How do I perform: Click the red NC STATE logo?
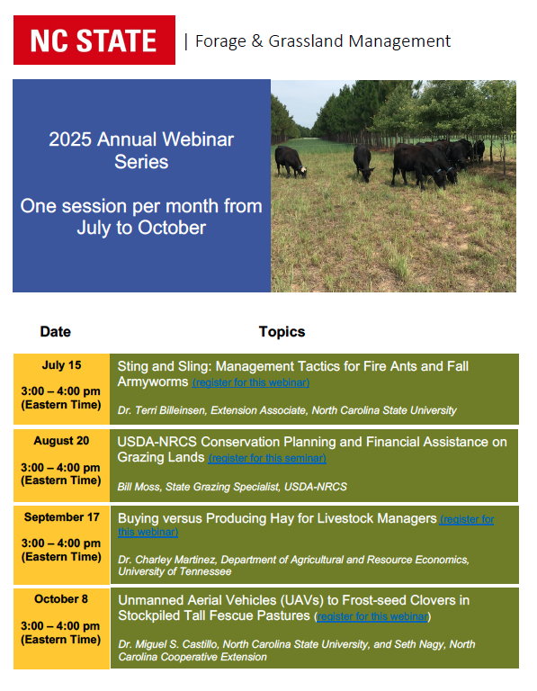point(94,40)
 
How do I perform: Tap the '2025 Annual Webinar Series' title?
point(141,150)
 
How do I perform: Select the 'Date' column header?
point(55,332)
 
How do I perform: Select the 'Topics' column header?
point(282,332)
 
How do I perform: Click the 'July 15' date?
point(61,365)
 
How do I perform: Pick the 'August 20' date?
point(61,441)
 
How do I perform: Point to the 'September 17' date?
point(61,517)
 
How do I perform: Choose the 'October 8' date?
point(61,599)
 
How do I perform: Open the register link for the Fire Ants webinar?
point(251,382)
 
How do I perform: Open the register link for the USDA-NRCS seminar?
point(266,458)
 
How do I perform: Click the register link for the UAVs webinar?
point(372,616)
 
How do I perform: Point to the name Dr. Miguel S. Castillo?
point(184,644)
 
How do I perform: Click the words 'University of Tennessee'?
point(175,571)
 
